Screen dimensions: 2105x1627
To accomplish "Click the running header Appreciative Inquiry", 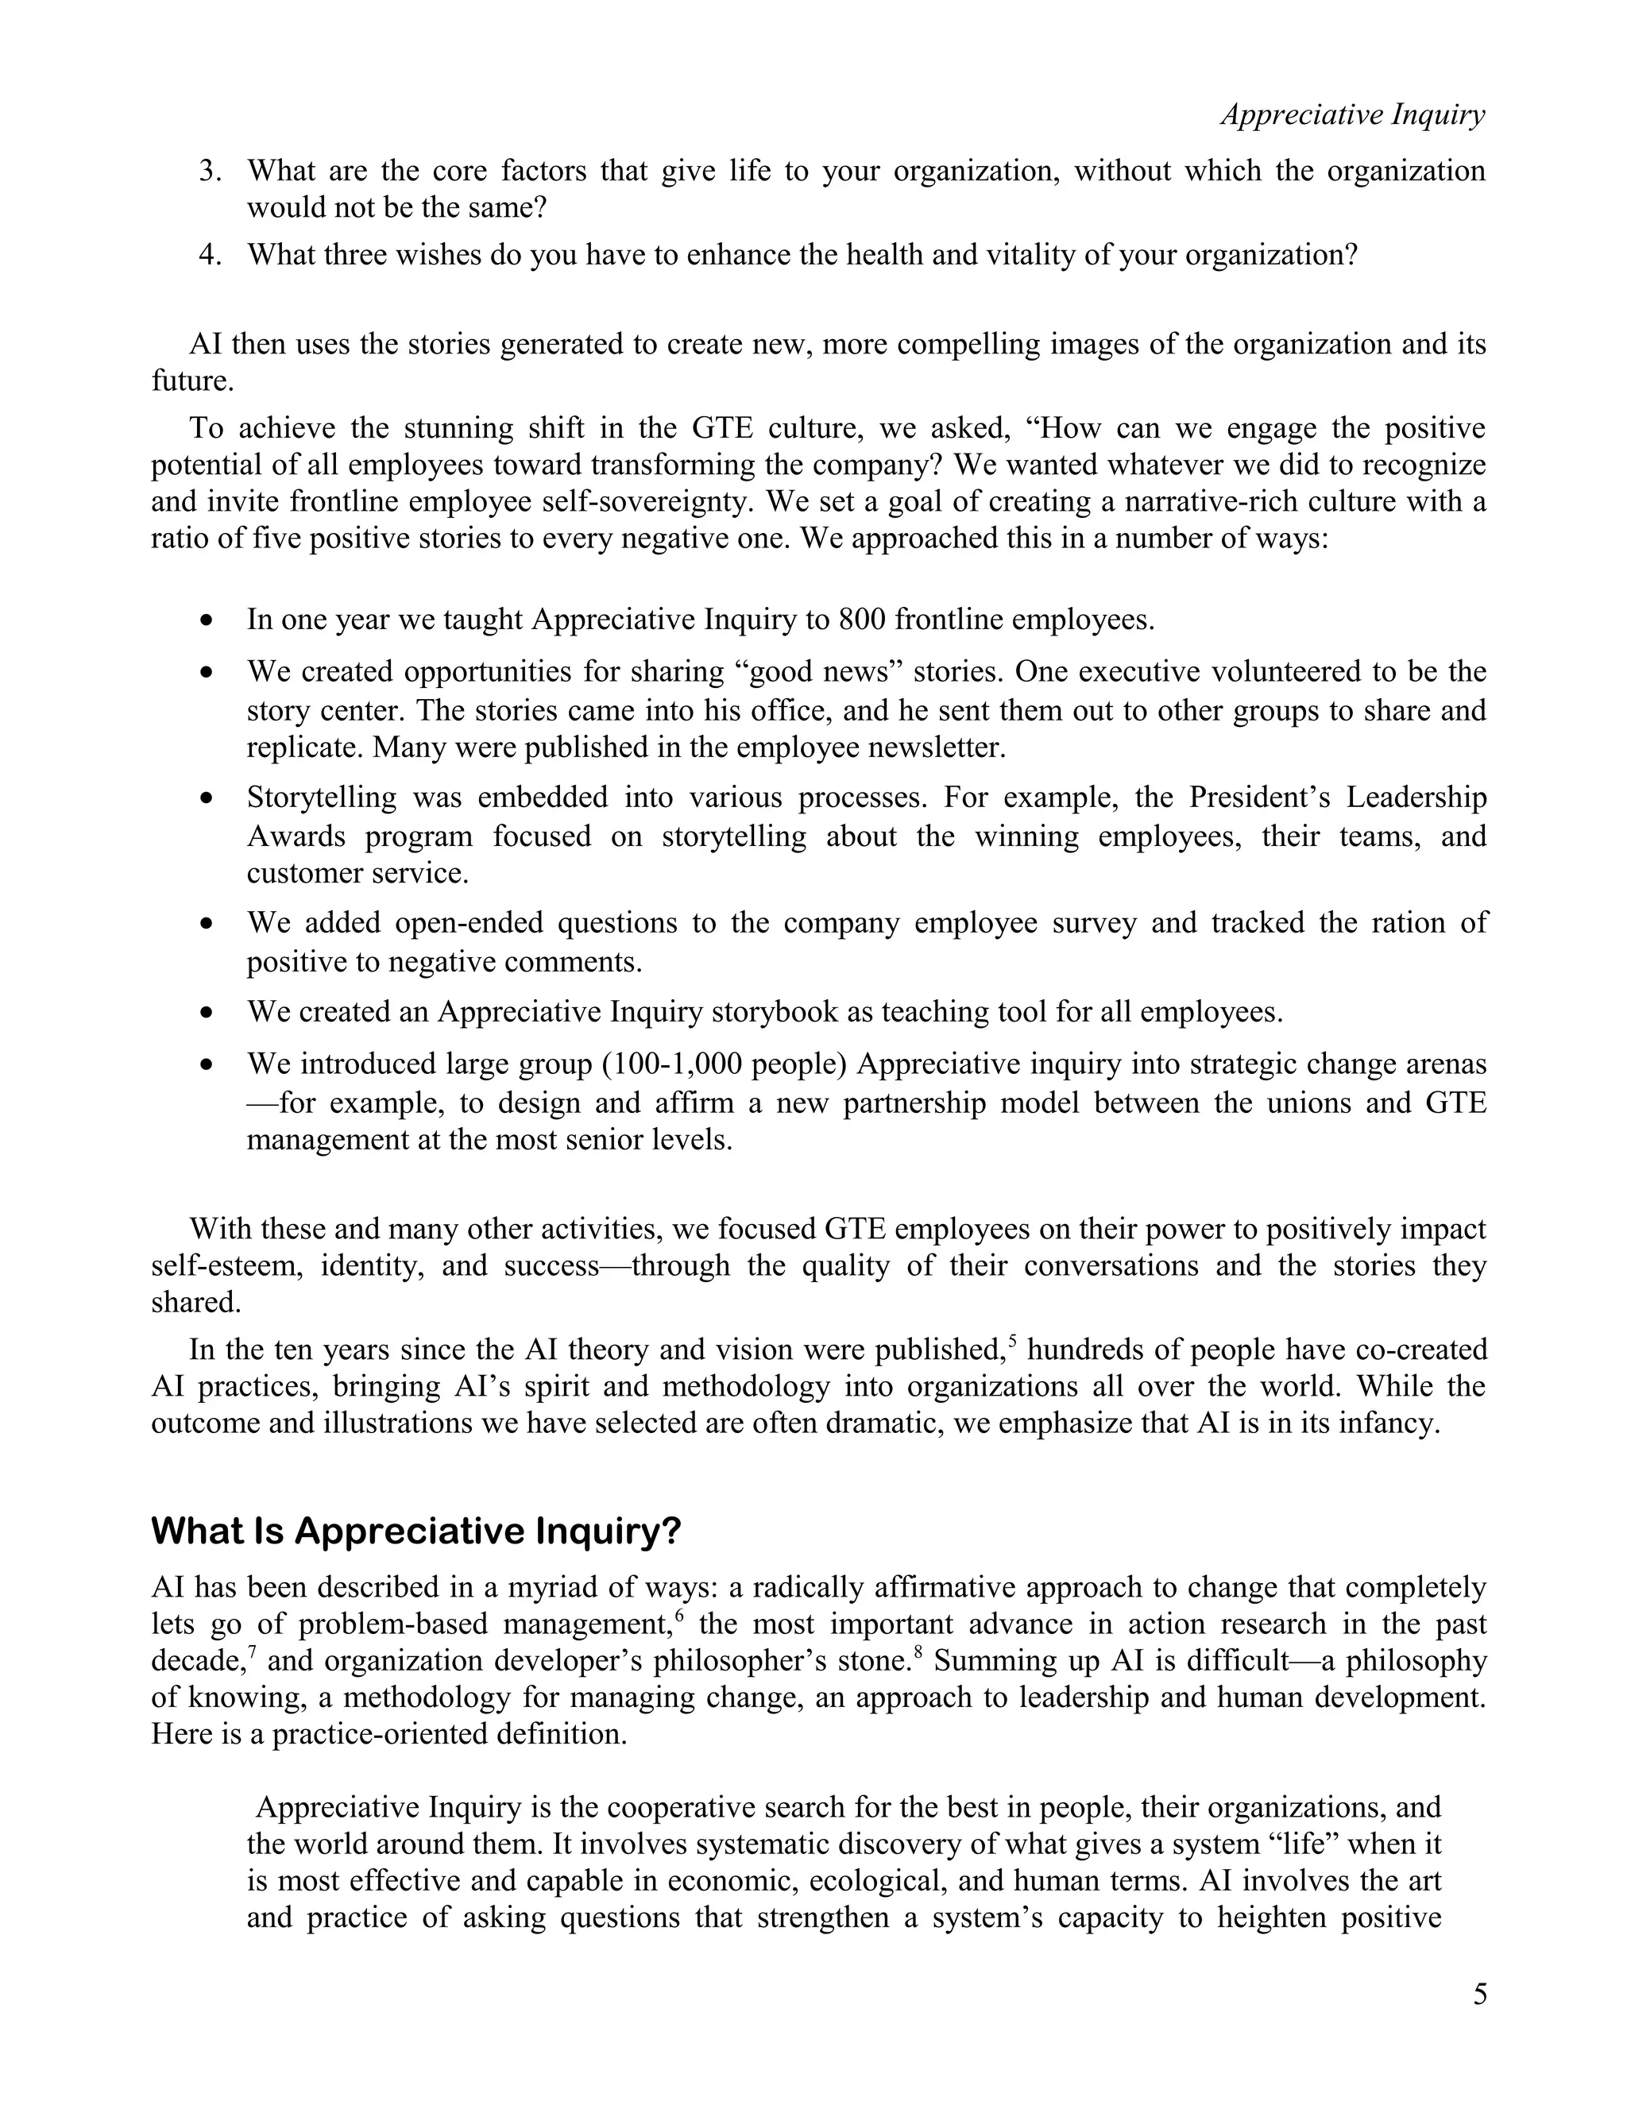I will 1352,114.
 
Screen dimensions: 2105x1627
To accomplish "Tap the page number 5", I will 1479,1994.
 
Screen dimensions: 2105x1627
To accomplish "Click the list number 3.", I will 210,171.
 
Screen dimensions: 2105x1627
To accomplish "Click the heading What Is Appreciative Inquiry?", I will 415,1531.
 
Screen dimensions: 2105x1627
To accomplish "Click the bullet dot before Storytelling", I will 207,799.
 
